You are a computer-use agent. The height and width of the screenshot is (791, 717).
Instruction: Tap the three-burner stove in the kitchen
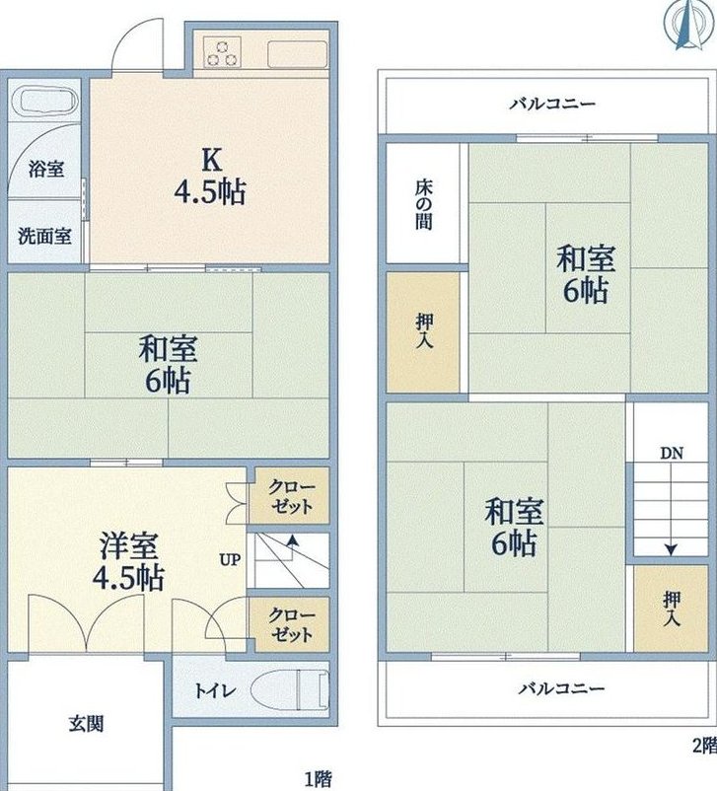222,52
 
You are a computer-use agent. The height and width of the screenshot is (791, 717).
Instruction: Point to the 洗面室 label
44,236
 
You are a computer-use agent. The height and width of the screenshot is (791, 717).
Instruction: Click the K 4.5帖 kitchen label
210,177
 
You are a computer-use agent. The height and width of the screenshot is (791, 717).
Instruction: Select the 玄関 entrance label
86,724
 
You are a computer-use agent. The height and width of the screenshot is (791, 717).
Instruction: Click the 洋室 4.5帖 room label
128,561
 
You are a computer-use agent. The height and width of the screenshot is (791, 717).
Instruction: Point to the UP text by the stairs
230,559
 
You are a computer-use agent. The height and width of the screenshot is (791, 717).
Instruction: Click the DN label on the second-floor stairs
672,453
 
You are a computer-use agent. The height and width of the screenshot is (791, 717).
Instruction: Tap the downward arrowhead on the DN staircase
671,549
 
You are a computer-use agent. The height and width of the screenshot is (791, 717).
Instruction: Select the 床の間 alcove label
424,205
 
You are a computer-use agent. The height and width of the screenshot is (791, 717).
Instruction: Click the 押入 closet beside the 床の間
423,332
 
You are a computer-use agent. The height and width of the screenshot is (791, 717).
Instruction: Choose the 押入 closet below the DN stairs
671,609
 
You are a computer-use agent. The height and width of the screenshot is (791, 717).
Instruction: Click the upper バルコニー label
552,105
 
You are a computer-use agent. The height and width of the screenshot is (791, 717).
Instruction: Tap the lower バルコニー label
561,688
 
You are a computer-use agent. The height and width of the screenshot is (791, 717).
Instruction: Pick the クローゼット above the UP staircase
290,496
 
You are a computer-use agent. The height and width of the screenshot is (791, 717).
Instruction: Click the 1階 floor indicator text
319,779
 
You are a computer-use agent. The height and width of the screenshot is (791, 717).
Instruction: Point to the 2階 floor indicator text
704,745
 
